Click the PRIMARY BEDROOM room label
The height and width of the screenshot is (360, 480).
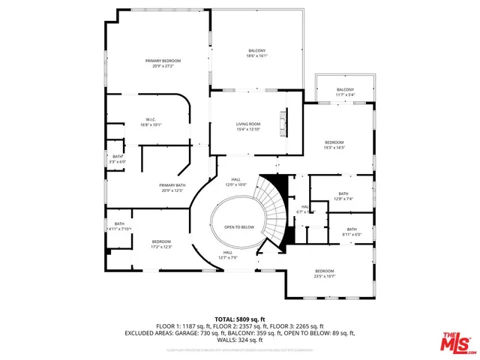(x=163, y=63)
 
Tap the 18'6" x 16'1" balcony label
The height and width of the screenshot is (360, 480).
(x=256, y=53)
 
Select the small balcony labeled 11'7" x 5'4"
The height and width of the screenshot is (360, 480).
(x=345, y=91)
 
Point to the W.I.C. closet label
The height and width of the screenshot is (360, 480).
(x=151, y=122)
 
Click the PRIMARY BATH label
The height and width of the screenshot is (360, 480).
(x=172, y=187)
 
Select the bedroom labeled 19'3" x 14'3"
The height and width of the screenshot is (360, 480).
(x=334, y=145)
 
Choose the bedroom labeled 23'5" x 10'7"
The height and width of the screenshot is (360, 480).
(x=324, y=273)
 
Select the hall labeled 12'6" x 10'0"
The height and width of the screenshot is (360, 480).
(x=235, y=182)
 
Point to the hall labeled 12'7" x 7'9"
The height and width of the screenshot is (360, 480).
(x=228, y=256)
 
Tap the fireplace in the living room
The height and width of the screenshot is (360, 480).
(x=283, y=123)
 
